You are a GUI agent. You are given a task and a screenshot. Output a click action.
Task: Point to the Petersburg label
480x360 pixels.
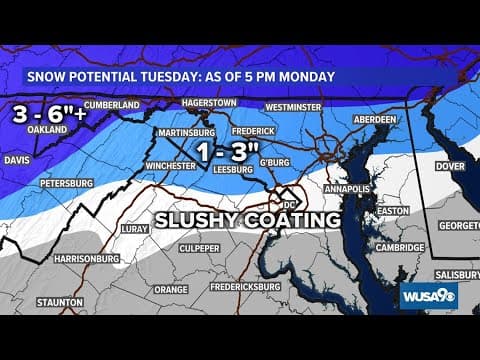[66, 184]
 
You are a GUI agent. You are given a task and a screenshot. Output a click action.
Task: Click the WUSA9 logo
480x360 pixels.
[429, 296]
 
